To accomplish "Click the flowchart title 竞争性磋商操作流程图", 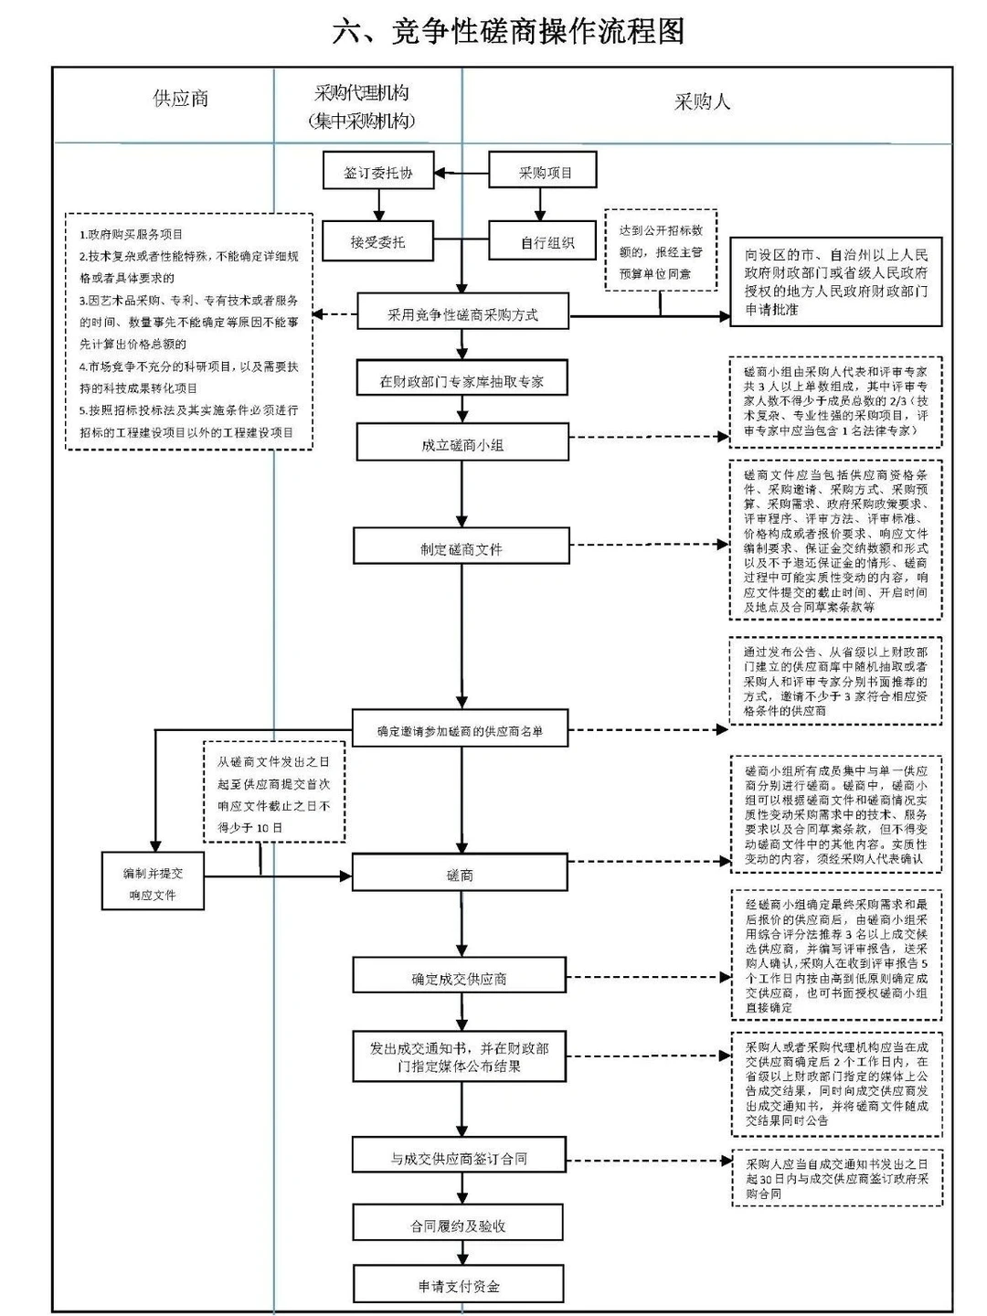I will tap(508, 32).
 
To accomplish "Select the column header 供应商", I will tap(181, 99).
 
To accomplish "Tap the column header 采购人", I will tap(702, 101).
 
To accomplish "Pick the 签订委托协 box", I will tap(377, 172).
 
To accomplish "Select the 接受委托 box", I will tap(377, 242).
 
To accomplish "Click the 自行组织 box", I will tap(547, 242).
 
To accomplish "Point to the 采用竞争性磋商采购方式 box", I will tap(462, 314).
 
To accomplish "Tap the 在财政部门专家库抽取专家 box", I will tap(462, 380).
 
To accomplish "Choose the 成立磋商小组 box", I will tap(462, 445).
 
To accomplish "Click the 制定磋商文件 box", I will tap(462, 548).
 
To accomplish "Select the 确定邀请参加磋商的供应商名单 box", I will tap(460, 731).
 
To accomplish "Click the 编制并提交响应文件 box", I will tap(153, 883).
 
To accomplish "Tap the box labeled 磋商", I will tap(460, 875).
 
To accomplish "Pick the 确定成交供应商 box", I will tap(459, 978).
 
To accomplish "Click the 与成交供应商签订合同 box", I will tap(458, 1158).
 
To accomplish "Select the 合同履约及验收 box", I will tap(458, 1226).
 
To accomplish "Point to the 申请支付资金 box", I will tap(459, 1286).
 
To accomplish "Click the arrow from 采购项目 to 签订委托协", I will tap(462, 173).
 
